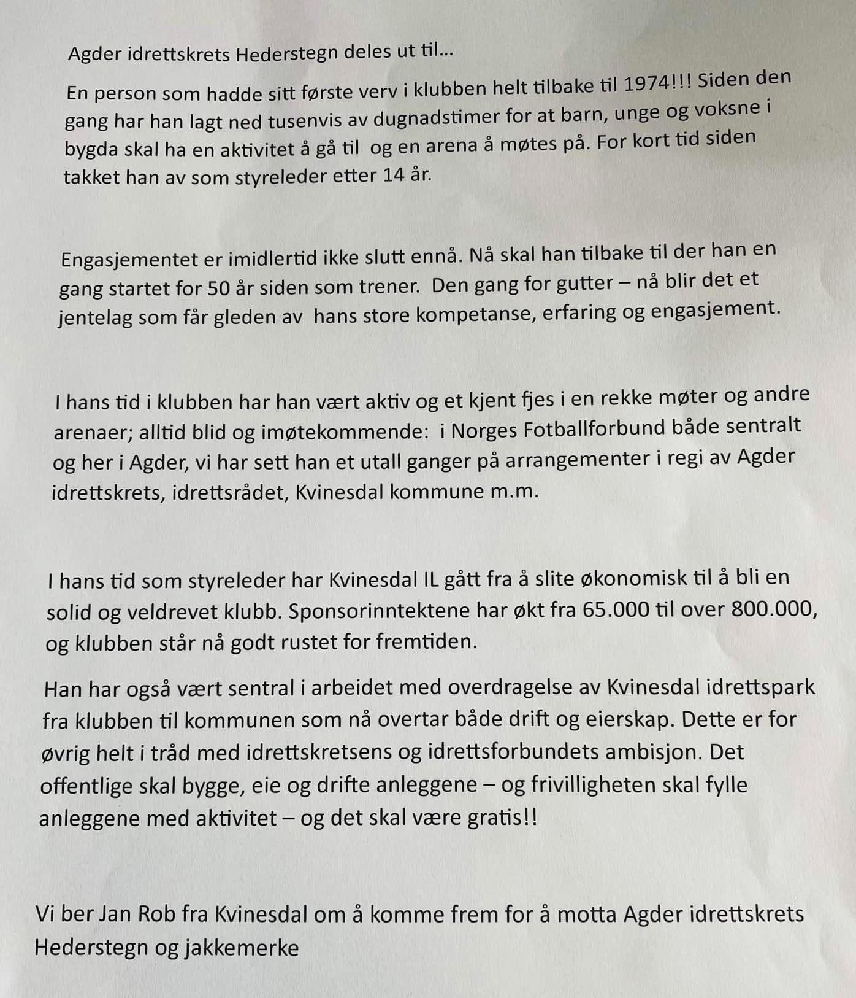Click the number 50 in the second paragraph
click(x=220, y=287)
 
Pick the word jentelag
click(x=95, y=318)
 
